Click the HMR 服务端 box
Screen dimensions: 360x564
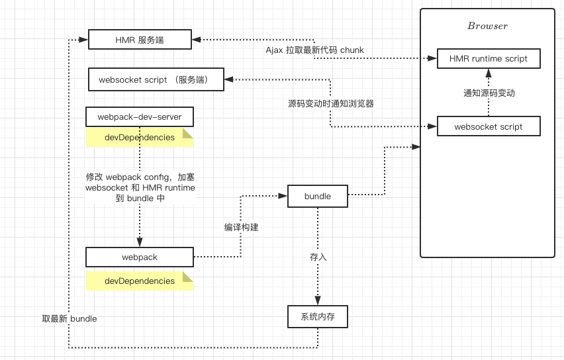(140, 40)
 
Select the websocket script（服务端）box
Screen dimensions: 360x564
(156, 80)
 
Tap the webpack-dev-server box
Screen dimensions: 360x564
(139, 117)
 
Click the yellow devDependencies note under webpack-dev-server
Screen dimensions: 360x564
(139, 138)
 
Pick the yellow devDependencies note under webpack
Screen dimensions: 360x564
(139, 281)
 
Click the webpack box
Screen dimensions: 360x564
(139, 257)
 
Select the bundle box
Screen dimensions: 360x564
(317, 196)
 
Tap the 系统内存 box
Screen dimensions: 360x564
(317, 317)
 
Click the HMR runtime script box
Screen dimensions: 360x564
(489, 59)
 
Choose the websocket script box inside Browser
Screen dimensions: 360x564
(489, 126)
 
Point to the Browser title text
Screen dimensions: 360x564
(487, 26)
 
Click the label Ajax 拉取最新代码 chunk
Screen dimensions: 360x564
(315, 50)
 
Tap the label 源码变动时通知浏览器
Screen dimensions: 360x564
(331, 103)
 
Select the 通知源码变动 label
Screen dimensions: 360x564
(489, 93)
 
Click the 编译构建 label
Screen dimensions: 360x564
(241, 227)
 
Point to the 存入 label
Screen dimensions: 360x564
(318, 257)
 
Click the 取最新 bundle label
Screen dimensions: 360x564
(70, 319)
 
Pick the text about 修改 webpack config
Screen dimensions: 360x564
(140, 187)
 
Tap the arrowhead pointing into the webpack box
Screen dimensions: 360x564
(140, 243)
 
